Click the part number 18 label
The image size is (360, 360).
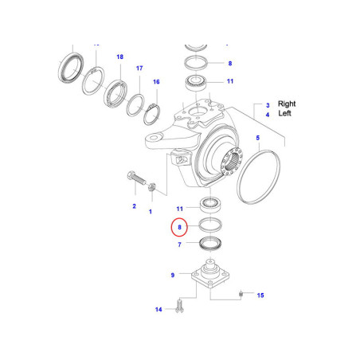(120, 57)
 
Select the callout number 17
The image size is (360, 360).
(139, 68)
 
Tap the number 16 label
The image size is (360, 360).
(156, 82)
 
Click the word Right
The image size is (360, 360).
(287, 104)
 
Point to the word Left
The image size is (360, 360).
(285, 115)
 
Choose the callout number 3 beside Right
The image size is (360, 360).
(268, 104)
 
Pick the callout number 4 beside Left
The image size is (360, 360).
(268, 115)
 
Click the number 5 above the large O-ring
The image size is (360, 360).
(257, 139)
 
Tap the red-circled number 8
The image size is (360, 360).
(180, 228)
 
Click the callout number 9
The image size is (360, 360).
(172, 275)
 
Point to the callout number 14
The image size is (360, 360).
(158, 310)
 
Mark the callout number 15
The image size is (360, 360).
(260, 295)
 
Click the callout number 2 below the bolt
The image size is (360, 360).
(134, 206)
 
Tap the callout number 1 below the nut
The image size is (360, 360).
(150, 213)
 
